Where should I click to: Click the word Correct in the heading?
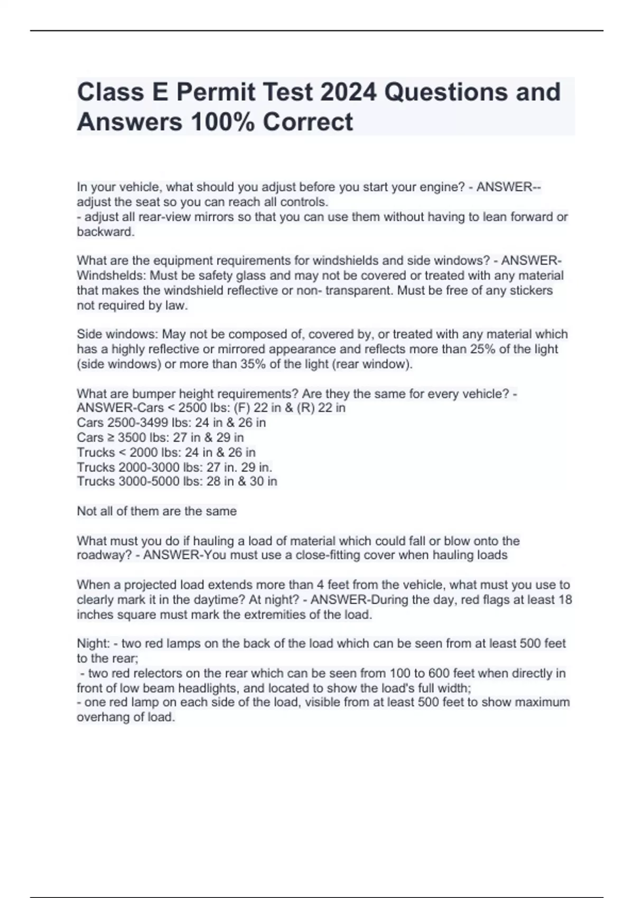[307, 122]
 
